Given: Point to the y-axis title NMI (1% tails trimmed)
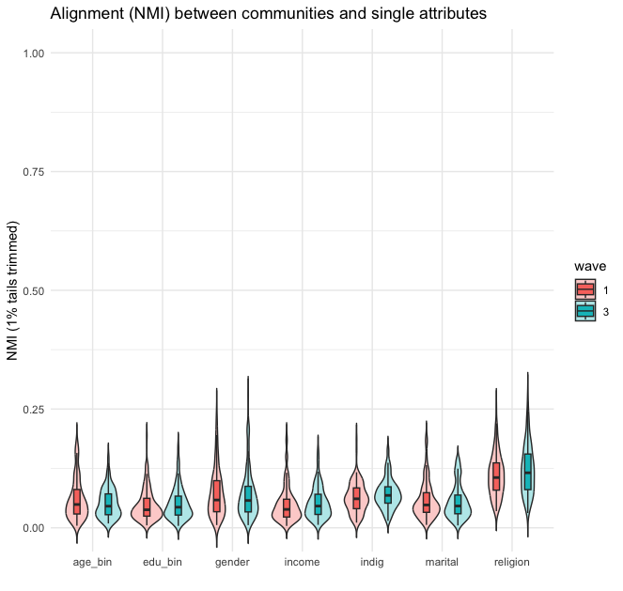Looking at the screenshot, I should (13, 291).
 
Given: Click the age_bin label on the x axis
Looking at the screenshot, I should (92, 562).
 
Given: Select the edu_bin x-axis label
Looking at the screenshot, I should (163, 562).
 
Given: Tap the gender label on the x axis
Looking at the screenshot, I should (232, 562).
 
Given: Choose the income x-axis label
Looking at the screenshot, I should (302, 562).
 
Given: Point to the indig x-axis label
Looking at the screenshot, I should (372, 562).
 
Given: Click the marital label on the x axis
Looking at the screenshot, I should (442, 562).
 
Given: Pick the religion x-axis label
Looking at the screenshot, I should (511, 562).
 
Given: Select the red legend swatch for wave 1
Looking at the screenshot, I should (585, 288).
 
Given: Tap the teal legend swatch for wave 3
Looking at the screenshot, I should (585, 311).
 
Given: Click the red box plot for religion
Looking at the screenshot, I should (496, 475).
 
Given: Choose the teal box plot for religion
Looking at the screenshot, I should (527, 472).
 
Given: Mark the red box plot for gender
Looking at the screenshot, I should (216, 495).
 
